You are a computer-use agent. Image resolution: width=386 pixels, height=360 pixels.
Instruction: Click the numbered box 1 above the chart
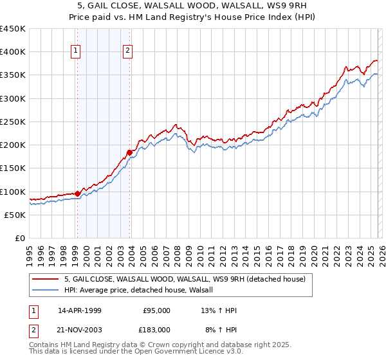pos(76,51)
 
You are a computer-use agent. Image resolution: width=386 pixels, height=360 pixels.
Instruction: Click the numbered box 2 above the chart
pos(127,51)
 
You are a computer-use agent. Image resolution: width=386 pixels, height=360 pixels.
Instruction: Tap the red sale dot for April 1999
pos(77,194)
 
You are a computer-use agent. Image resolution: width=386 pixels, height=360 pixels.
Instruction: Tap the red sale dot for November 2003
pos(129,152)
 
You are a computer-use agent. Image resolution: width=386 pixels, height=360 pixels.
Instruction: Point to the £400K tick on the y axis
pos(13,52)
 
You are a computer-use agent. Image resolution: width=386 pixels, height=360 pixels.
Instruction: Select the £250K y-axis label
pos(13,122)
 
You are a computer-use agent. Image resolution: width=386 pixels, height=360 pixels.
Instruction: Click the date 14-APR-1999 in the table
pos(80,310)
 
